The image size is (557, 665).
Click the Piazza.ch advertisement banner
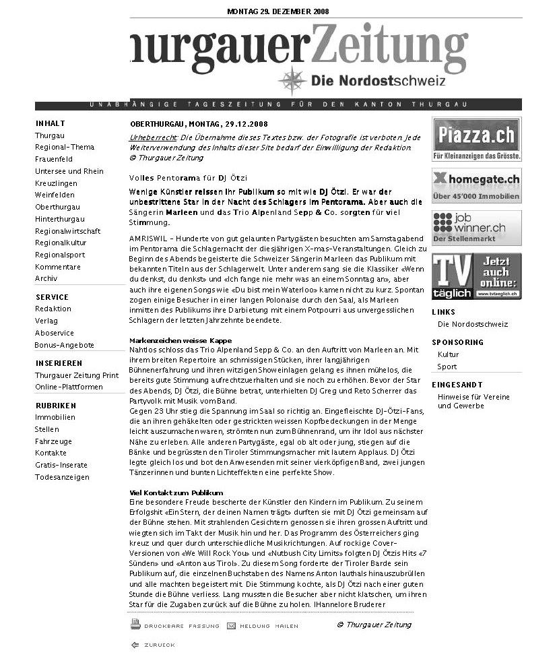pyautogui.click(x=476, y=139)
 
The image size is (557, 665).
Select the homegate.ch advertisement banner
pyautogui.click(x=476, y=185)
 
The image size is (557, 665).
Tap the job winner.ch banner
pyautogui.click(x=476, y=228)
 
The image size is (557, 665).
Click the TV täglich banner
pyautogui.click(x=476, y=276)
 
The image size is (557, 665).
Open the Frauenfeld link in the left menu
pyautogui.click(x=54, y=160)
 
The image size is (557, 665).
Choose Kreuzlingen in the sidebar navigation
pyautogui.click(x=56, y=183)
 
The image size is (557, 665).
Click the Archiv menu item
pyautogui.click(x=46, y=278)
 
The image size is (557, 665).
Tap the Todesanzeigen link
pyautogui.click(x=62, y=478)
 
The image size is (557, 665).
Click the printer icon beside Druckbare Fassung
pyautogui.click(x=135, y=625)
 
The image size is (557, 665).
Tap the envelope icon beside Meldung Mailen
pyautogui.click(x=231, y=626)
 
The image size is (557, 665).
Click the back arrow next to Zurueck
pyautogui.click(x=135, y=645)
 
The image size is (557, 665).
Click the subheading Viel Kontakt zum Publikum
pyautogui.click(x=176, y=493)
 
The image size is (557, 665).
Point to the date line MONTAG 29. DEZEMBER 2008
pyautogui.click(x=278, y=11)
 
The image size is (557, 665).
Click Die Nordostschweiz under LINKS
pyautogui.click(x=473, y=324)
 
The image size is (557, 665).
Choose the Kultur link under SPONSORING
pyautogui.click(x=448, y=354)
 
